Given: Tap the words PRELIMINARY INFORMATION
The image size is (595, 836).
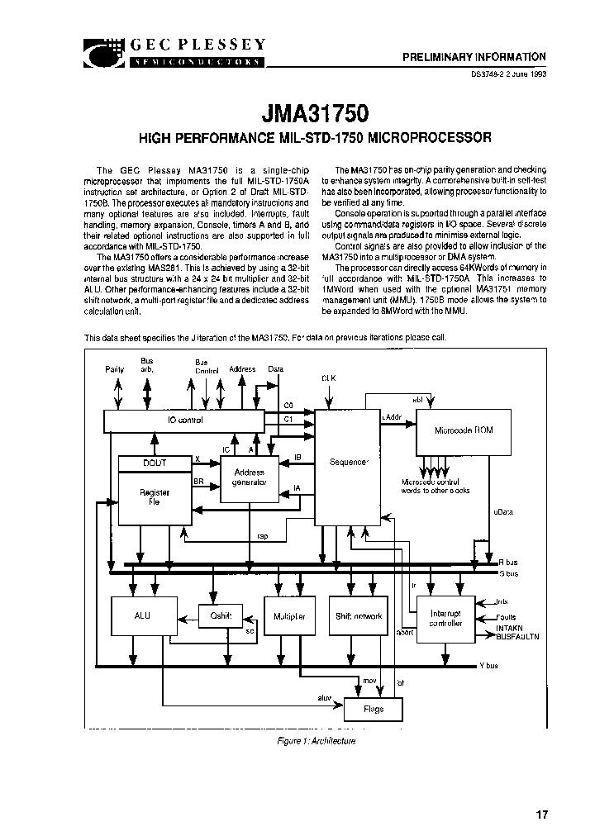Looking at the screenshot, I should tap(474, 57).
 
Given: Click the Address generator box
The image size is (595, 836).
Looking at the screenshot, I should tap(250, 478).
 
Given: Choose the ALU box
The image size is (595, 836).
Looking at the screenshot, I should tap(142, 616).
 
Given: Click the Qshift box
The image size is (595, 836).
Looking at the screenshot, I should tap(221, 616).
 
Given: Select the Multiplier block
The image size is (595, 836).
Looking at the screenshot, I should tap(288, 616).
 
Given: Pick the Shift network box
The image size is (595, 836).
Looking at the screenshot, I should tap(358, 616).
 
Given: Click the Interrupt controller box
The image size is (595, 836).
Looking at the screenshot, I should tap(445, 619).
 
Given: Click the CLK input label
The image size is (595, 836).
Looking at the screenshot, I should tap(329, 378).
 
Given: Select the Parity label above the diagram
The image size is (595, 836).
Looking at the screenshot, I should tap(115, 369).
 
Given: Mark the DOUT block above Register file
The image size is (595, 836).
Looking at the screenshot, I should tap(154, 464).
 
